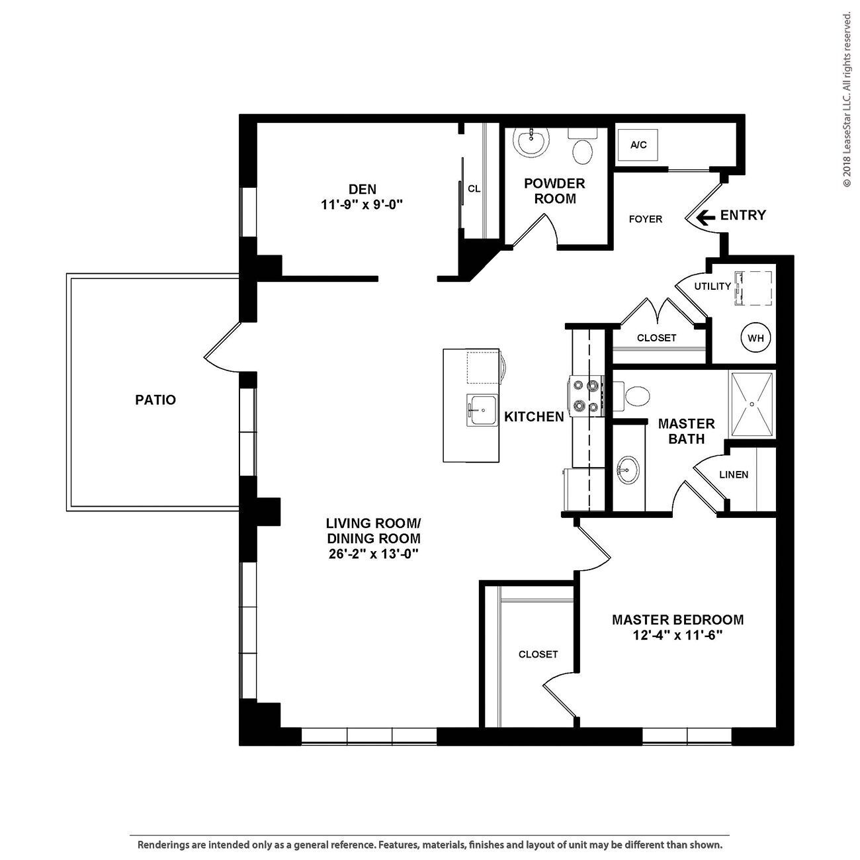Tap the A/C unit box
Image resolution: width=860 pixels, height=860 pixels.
click(x=638, y=145)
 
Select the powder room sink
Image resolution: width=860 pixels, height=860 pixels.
click(x=531, y=142)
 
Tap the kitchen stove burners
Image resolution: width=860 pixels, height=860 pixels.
click(x=586, y=395)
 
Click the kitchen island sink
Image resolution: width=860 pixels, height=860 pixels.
click(x=482, y=409)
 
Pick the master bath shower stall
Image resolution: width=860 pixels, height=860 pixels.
click(x=752, y=404)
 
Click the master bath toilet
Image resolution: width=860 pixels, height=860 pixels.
click(x=632, y=396)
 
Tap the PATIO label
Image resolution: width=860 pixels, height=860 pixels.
click(x=155, y=400)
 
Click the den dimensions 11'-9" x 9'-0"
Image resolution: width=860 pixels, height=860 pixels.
click(x=362, y=205)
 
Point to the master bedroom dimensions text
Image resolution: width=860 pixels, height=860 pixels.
click(x=677, y=634)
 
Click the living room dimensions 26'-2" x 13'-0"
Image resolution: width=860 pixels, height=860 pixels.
click(x=374, y=554)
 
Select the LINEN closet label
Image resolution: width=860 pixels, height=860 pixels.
click(x=734, y=474)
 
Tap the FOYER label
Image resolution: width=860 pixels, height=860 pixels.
click(x=646, y=219)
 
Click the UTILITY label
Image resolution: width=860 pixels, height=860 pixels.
click(x=712, y=286)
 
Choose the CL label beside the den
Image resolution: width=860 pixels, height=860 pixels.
click(x=474, y=189)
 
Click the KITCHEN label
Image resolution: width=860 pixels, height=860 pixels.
click(x=534, y=416)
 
